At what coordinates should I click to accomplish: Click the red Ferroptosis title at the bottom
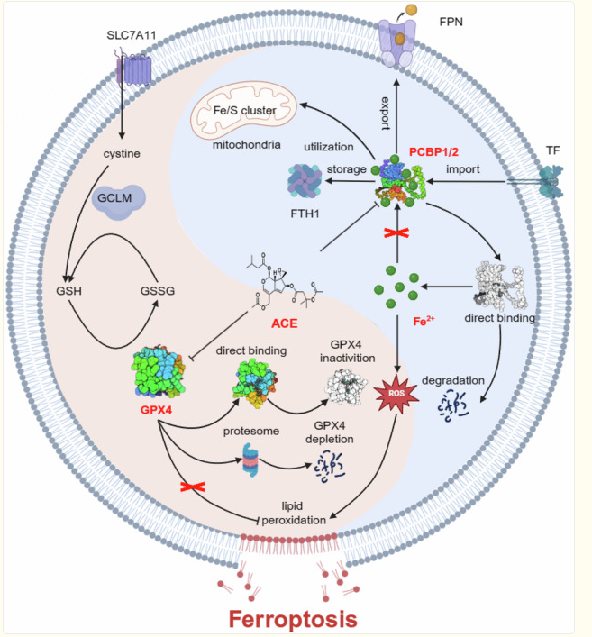coord(293,619)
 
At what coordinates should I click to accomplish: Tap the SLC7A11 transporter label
coord(132,35)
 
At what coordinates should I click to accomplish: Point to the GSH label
coord(68,291)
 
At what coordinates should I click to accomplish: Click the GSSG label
coord(158,291)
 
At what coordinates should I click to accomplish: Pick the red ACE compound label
coord(285,323)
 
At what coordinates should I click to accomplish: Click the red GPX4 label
coord(156,410)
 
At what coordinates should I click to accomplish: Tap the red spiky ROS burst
coord(396,393)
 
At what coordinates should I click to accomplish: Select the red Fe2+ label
coord(424,322)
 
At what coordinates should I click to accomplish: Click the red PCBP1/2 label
coord(433,152)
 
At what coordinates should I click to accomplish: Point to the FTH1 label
coord(305,214)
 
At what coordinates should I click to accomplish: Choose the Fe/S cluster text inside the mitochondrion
coord(244,111)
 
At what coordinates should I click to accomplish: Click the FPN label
coord(451,22)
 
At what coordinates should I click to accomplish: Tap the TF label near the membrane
coord(552,150)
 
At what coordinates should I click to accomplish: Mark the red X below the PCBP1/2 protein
coord(396,233)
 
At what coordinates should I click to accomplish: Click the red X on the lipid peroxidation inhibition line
coord(193,487)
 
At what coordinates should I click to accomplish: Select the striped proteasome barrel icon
coord(250,460)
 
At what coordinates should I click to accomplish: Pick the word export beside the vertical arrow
coord(385,114)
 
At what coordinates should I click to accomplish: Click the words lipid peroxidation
coord(294,513)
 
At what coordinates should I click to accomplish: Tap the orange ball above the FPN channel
coord(411,10)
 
